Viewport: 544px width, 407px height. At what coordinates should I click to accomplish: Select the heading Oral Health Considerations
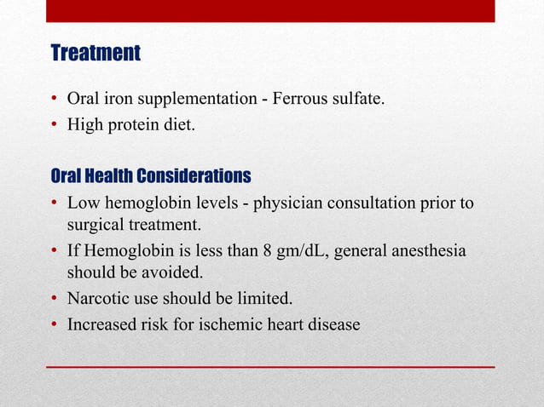coord(151,176)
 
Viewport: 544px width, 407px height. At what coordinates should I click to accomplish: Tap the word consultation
coord(373,204)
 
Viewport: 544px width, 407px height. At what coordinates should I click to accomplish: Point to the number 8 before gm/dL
coord(266,253)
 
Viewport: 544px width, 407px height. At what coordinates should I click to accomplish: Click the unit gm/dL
coord(300,253)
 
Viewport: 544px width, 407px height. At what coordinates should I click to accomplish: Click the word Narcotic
coord(96,300)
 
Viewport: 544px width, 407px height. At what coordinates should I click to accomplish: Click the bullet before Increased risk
coord(55,324)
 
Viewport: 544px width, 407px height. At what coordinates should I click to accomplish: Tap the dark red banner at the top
coord(269,10)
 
